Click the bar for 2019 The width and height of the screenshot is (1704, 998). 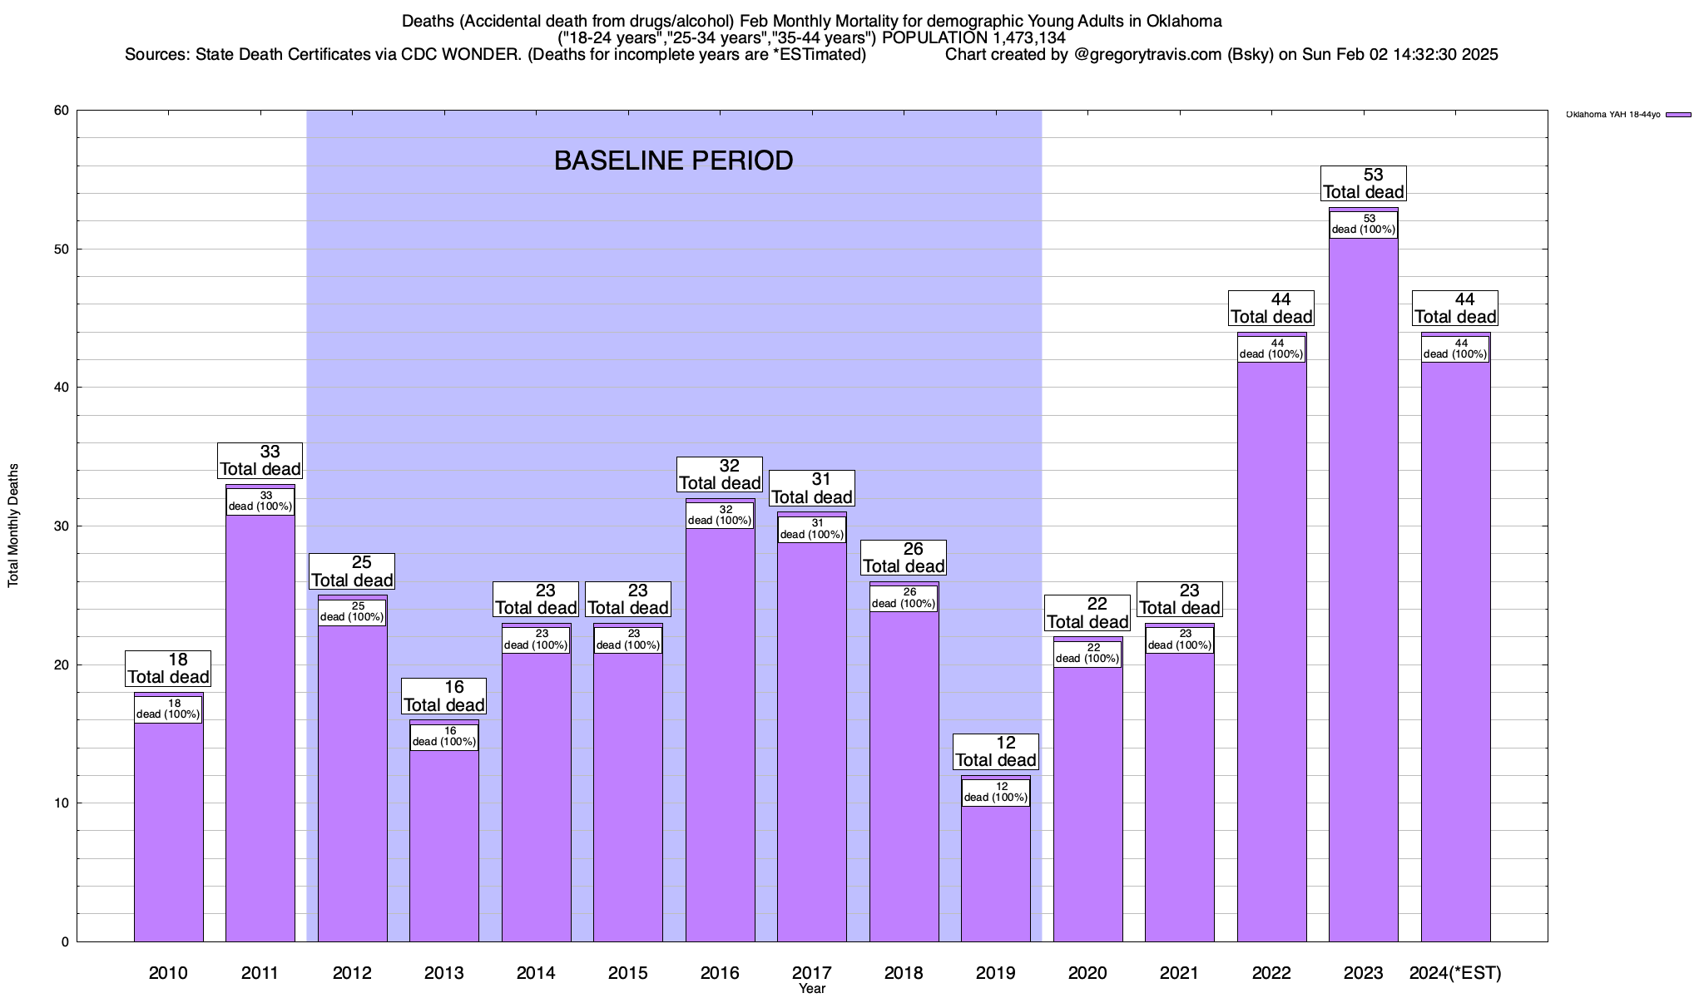(x=995, y=873)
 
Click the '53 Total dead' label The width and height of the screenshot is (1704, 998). (x=1363, y=183)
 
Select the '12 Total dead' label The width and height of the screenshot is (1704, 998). (x=995, y=752)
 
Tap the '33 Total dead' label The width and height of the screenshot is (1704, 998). (x=260, y=460)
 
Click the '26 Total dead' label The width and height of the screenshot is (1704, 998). (x=904, y=557)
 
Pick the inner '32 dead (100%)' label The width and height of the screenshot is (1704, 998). (x=720, y=515)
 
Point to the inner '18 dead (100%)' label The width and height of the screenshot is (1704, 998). (x=168, y=709)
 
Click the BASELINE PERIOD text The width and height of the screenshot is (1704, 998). (x=673, y=161)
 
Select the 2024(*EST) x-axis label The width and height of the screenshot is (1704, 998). (x=1455, y=972)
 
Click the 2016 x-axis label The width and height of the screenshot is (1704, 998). (x=720, y=972)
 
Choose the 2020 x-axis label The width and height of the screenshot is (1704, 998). (x=1087, y=972)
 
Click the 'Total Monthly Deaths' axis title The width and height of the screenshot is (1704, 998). (x=13, y=526)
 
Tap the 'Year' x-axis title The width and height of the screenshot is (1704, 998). (x=811, y=989)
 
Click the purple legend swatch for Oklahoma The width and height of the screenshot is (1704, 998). (x=1678, y=115)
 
